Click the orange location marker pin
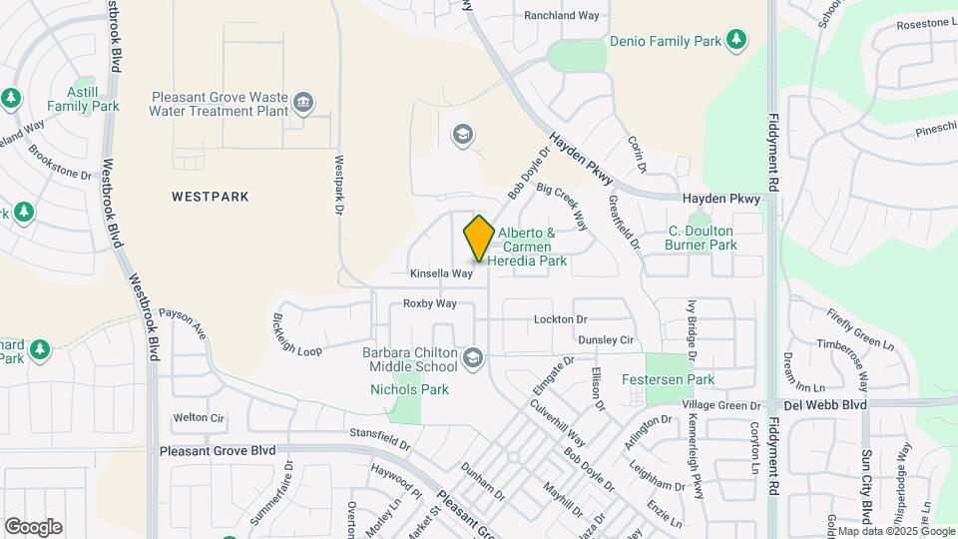click(479, 239)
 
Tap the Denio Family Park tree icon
click(736, 40)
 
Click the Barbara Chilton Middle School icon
click(472, 356)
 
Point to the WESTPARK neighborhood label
click(210, 197)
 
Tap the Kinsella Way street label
click(441, 272)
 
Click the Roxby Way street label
click(429, 302)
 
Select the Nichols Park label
click(409, 389)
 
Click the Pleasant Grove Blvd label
click(217, 451)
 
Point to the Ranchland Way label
click(562, 16)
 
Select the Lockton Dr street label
click(560, 318)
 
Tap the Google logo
click(33, 526)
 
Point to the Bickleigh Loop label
click(296, 337)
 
